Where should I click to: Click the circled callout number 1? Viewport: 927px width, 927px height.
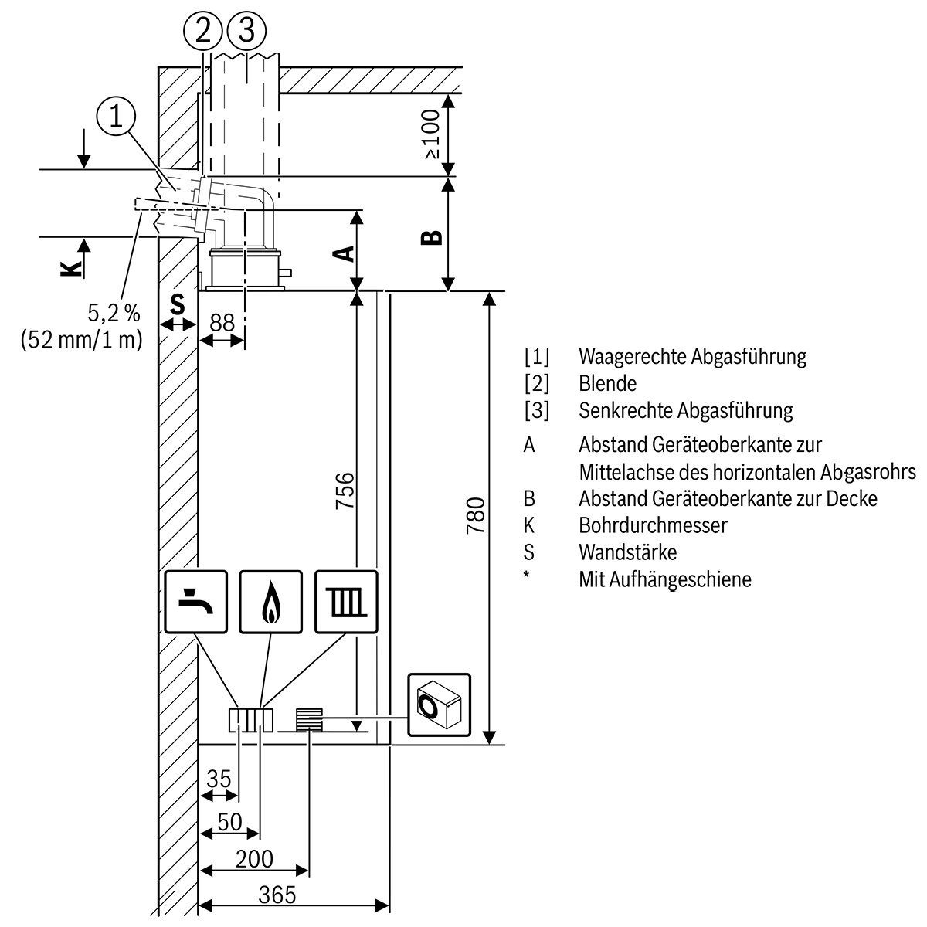(x=117, y=117)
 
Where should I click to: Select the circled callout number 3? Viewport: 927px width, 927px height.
(x=246, y=32)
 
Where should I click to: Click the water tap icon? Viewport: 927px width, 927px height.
(x=196, y=603)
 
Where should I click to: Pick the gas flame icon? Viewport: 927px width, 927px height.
(x=271, y=603)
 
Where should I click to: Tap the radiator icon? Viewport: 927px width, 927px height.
(x=347, y=603)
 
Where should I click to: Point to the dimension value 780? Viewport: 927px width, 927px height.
(x=476, y=516)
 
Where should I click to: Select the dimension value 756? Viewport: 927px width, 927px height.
(x=345, y=490)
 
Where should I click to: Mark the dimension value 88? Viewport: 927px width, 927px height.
(x=222, y=323)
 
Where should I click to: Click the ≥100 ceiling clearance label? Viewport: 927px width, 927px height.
(x=430, y=133)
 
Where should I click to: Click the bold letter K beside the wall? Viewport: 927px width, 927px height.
(x=70, y=268)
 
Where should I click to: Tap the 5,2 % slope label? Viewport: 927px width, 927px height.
(x=114, y=313)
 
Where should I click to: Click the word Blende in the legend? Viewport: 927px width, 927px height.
(x=607, y=383)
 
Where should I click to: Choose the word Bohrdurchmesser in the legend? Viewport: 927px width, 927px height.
(x=653, y=525)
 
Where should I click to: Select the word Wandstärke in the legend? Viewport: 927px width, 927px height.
(x=627, y=552)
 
